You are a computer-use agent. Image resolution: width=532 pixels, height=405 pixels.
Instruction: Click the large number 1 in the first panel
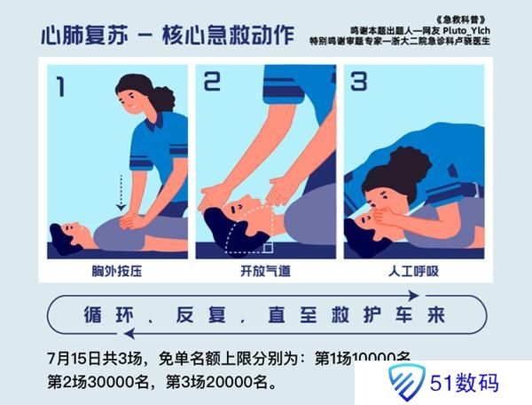[60, 87]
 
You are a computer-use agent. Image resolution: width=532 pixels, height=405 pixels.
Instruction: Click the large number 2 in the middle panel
[212, 83]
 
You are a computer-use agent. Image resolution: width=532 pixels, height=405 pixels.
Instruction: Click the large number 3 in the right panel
[358, 83]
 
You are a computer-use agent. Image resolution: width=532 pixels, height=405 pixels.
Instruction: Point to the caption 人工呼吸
[414, 271]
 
